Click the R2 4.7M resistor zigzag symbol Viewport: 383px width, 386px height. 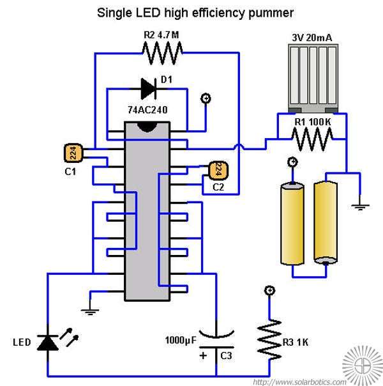pos(162,53)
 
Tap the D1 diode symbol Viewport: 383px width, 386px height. pos(149,89)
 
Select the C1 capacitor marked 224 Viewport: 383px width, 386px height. pos(73,153)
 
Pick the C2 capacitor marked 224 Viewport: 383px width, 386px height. pos(218,171)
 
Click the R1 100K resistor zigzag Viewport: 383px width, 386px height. pos(312,139)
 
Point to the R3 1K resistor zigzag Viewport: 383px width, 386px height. pos(269,340)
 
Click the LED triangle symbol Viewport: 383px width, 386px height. pos(48,343)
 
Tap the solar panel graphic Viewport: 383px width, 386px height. pos(313,79)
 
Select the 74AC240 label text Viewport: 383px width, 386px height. pos(147,110)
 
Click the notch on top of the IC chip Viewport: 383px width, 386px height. pos(147,127)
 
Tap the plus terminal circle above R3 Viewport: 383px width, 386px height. pos(269,291)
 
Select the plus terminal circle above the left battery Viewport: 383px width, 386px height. pos(292,162)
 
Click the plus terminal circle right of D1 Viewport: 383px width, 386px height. pos(206,98)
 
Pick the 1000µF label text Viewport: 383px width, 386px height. pos(181,340)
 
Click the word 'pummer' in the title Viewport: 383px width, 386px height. pos(271,13)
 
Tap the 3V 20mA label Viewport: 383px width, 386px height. pos(312,38)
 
